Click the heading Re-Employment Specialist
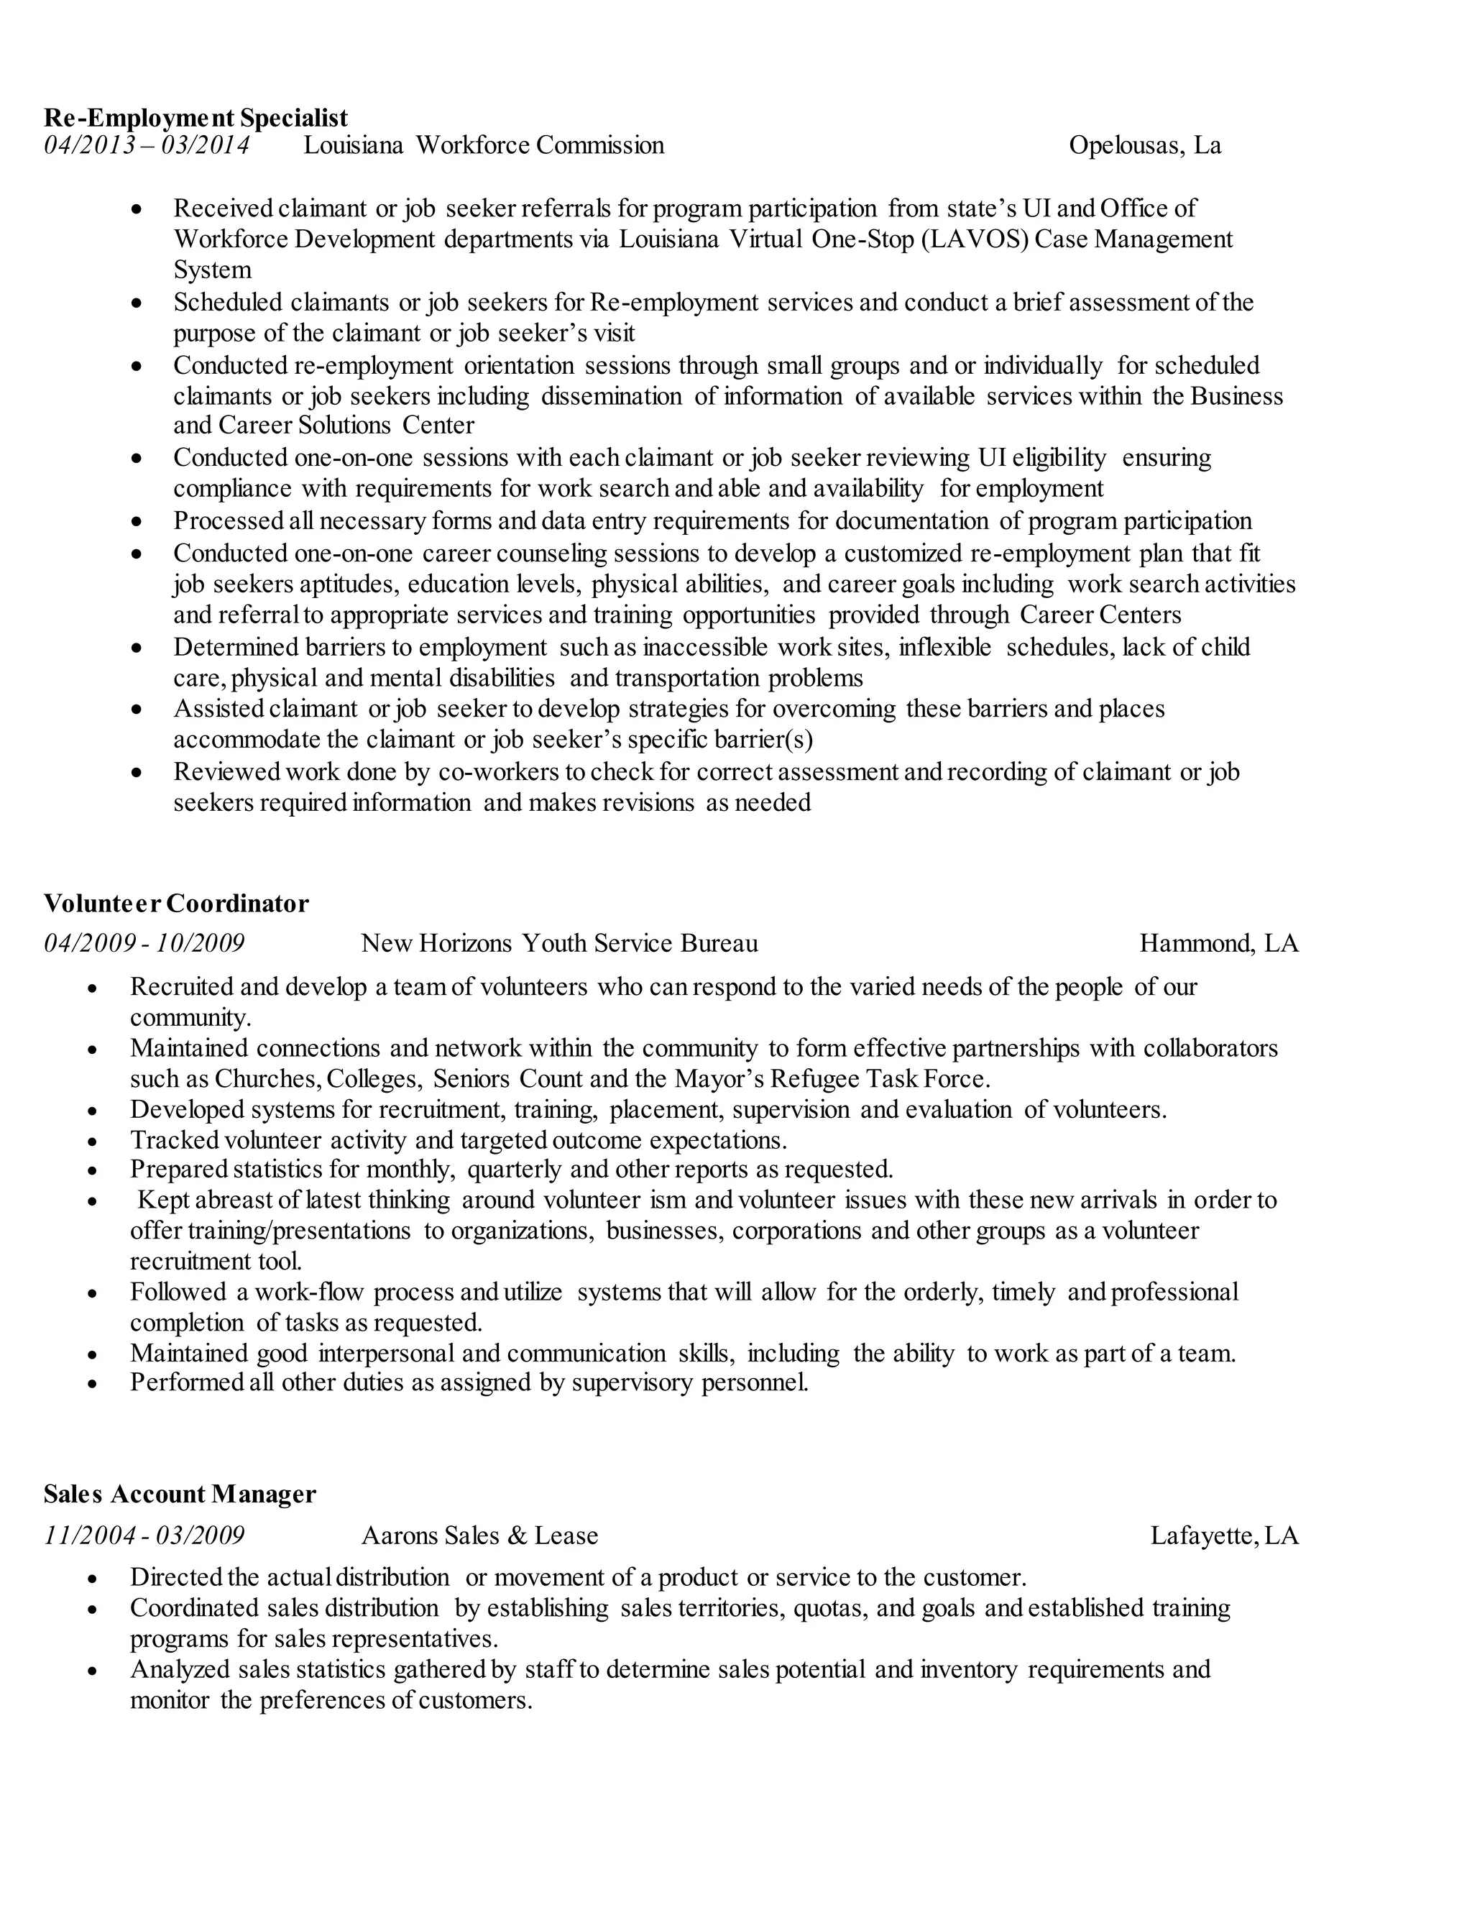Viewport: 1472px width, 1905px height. coord(195,118)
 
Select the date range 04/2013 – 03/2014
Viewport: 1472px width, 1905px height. coord(147,144)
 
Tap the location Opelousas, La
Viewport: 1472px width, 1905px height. coord(1145,144)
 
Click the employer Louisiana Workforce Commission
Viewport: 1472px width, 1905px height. coord(483,144)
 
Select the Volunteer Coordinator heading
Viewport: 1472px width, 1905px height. coord(176,903)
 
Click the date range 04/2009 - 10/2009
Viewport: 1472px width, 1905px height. coord(144,943)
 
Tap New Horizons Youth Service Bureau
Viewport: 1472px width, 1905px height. coord(559,943)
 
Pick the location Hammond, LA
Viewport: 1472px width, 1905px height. coord(1219,943)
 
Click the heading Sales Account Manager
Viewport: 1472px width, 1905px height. coord(180,1495)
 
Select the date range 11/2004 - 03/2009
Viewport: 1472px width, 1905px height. coord(144,1536)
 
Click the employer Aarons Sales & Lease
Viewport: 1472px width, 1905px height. coord(479,1536)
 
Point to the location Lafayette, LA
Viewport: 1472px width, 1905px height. coord(1224,1536)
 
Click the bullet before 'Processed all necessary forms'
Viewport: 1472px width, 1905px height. coord(136,523)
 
